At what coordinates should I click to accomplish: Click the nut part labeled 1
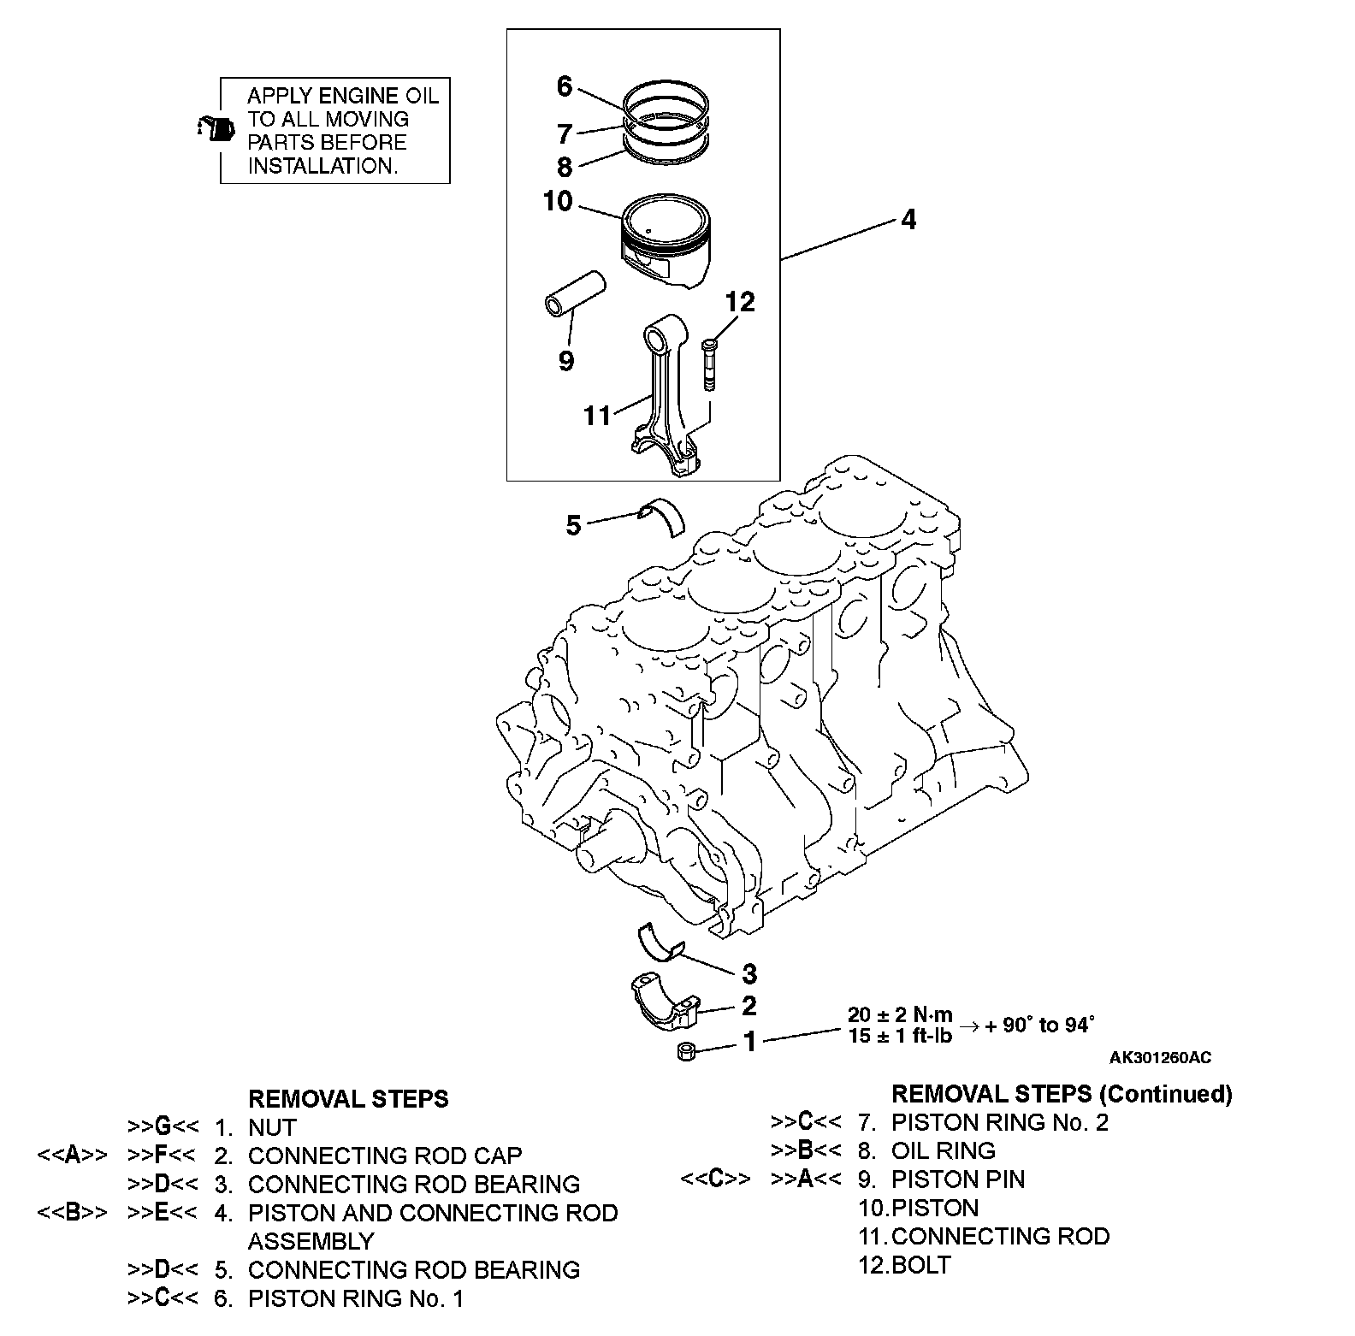point(685,1052)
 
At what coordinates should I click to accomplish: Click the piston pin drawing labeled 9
point(575,293)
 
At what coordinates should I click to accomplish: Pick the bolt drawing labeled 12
point(709,365)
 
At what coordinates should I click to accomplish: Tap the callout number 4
point(908,220)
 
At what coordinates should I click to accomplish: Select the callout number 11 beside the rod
point(597,416)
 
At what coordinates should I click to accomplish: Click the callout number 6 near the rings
point(564,86)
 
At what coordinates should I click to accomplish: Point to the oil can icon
point(215,129)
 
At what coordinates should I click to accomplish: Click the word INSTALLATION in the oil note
point(322,166)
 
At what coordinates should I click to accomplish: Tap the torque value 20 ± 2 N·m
point(900,1015)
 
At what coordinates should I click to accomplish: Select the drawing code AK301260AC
point(1160,1058)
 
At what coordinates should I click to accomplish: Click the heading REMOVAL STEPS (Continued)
point(1061,1093)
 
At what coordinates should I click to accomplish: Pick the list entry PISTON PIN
point(957,1179)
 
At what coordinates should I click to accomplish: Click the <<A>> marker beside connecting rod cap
point(73,1156)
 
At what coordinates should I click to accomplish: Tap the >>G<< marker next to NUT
point(163,1127)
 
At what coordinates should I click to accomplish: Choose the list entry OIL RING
point(943,1150)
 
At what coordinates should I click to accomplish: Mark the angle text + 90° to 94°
point(1039,1025)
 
